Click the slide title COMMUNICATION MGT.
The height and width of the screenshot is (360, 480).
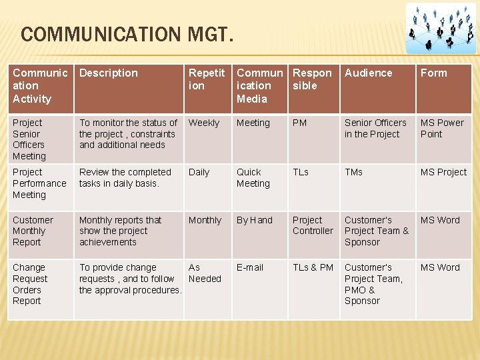(127, 34)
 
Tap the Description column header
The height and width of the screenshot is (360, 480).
(109, 73)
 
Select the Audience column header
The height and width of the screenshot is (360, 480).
(369, 73)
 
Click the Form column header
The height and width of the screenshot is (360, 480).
(433, 73)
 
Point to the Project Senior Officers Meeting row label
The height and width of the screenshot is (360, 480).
(29, 139)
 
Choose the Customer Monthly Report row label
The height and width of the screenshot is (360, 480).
(33, 231)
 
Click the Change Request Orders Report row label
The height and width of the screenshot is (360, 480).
(30, 284)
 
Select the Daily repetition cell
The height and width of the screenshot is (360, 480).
(199, 173)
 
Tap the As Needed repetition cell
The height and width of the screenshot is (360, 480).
(205, 273)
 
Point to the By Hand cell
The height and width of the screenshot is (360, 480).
(255, 220)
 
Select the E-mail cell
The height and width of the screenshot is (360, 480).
(250, 267)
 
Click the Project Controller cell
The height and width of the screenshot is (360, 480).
(313, 225)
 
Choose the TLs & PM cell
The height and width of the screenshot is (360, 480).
(313, 267)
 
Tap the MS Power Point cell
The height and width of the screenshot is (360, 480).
(441, 128)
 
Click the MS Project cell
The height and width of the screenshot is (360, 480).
(443, 173)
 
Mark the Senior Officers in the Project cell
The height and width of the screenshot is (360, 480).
(375, 128)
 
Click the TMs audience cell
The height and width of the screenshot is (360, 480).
(353, 173)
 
